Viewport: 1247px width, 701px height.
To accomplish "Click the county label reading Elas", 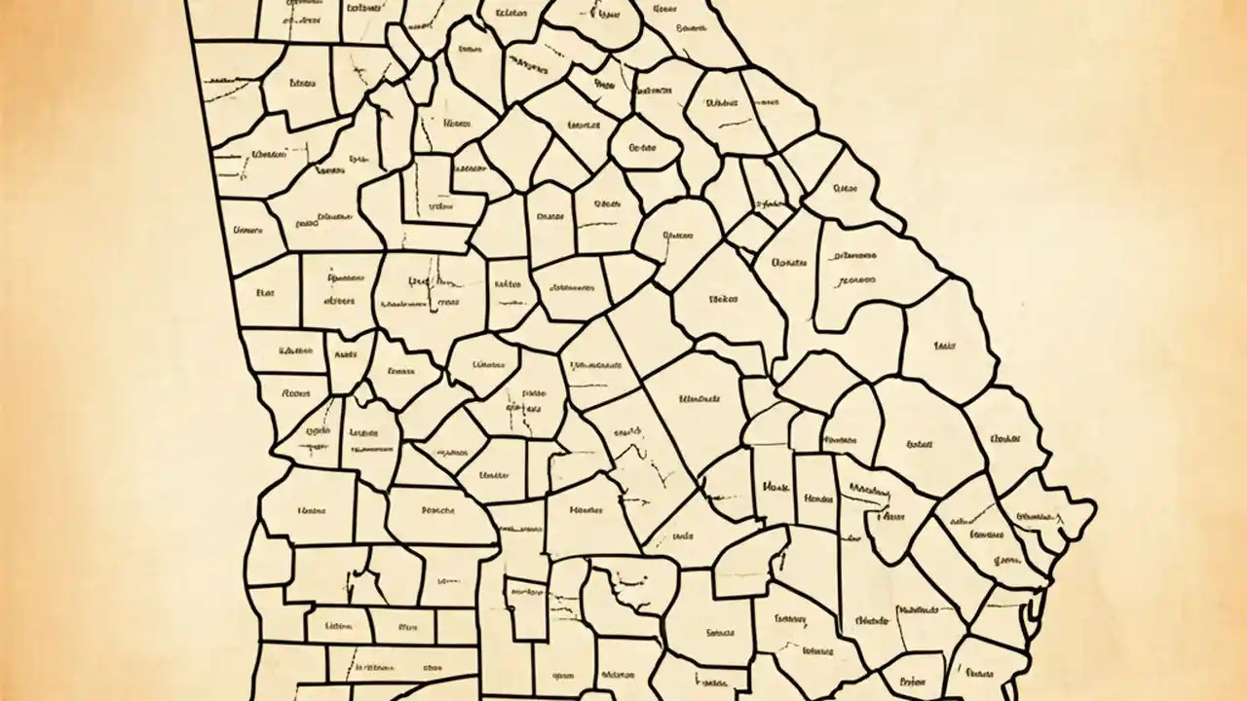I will pos(265,291).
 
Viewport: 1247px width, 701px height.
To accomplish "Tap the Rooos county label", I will pos(294,394).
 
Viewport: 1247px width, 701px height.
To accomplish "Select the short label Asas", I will pos(346,356).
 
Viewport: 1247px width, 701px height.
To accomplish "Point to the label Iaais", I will pos(944,345).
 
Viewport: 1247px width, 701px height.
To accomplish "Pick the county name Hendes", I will pos(818,498).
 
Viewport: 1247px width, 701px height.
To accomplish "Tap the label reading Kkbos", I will pos(508,285).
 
